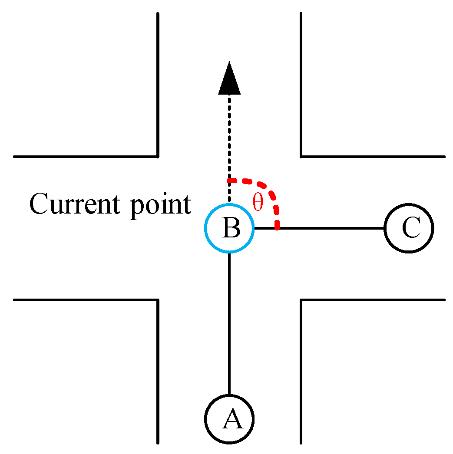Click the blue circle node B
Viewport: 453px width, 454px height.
pos(229,228)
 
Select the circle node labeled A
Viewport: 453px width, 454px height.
pos(229,419)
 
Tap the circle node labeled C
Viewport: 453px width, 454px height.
pos(409,228)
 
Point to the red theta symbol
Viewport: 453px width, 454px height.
pos(258,203)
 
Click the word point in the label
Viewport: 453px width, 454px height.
pos(160,205)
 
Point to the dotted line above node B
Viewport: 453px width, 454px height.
pos(229,139)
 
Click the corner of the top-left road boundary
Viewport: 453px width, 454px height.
pos(157,156)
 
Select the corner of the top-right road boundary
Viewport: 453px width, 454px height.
pos(301,156)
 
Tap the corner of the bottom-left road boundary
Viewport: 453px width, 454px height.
pos(157,299)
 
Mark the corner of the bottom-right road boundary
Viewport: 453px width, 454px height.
pos(301,299)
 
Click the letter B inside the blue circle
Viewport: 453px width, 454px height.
pos(231,228)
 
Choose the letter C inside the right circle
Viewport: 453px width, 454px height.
pos(410,228)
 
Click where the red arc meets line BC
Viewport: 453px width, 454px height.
pos(277,227)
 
